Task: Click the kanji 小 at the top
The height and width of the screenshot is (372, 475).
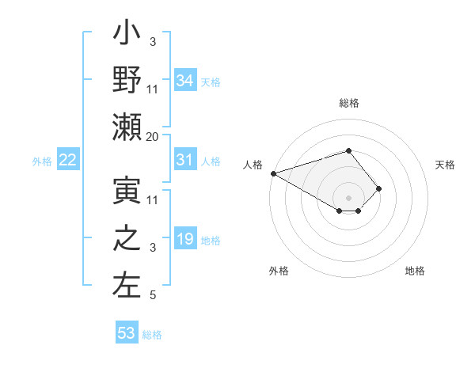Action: (127, 36)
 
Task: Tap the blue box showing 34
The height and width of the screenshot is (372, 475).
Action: (185, 80)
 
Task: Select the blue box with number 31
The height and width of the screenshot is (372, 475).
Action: (185, 160)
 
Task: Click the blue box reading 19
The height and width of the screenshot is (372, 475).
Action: (185, 239)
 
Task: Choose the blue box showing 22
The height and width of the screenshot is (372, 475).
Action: (68, 160)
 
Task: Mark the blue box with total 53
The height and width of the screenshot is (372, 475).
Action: (127, 333)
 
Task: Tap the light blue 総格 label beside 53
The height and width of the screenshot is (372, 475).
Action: (152, 335)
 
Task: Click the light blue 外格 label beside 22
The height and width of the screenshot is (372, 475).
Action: (42, 161)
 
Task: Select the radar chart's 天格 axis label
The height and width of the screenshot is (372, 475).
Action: (446, 165)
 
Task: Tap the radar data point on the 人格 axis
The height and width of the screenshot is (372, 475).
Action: (272, 173)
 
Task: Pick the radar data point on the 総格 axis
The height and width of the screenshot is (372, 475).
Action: (348, 150)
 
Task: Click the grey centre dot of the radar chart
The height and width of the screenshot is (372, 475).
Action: (348, 197)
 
